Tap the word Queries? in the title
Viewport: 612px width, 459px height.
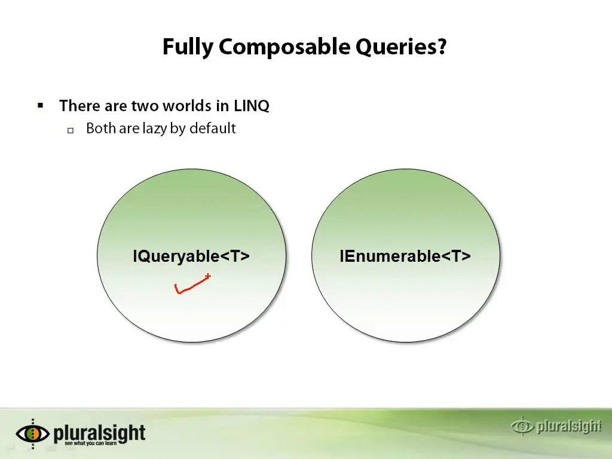click(x=401, y=47)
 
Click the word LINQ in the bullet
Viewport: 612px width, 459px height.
click(x=252, y=106)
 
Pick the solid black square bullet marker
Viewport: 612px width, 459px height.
click(x=40, y=105)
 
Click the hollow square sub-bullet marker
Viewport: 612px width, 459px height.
click(x=71, y=130)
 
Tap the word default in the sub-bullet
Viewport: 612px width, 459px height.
click(x=213, y=128)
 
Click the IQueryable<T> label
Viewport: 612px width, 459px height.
click(x=191, y=256)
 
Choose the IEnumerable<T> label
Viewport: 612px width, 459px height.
click(x=405, y=256)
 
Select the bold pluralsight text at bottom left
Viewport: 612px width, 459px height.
click(x=99, y=433)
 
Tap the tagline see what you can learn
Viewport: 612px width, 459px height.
click(x=91, y=443)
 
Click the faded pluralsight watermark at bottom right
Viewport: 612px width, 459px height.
click(x=556, y=426)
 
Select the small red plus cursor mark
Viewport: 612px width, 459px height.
click(x=207, y=276)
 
